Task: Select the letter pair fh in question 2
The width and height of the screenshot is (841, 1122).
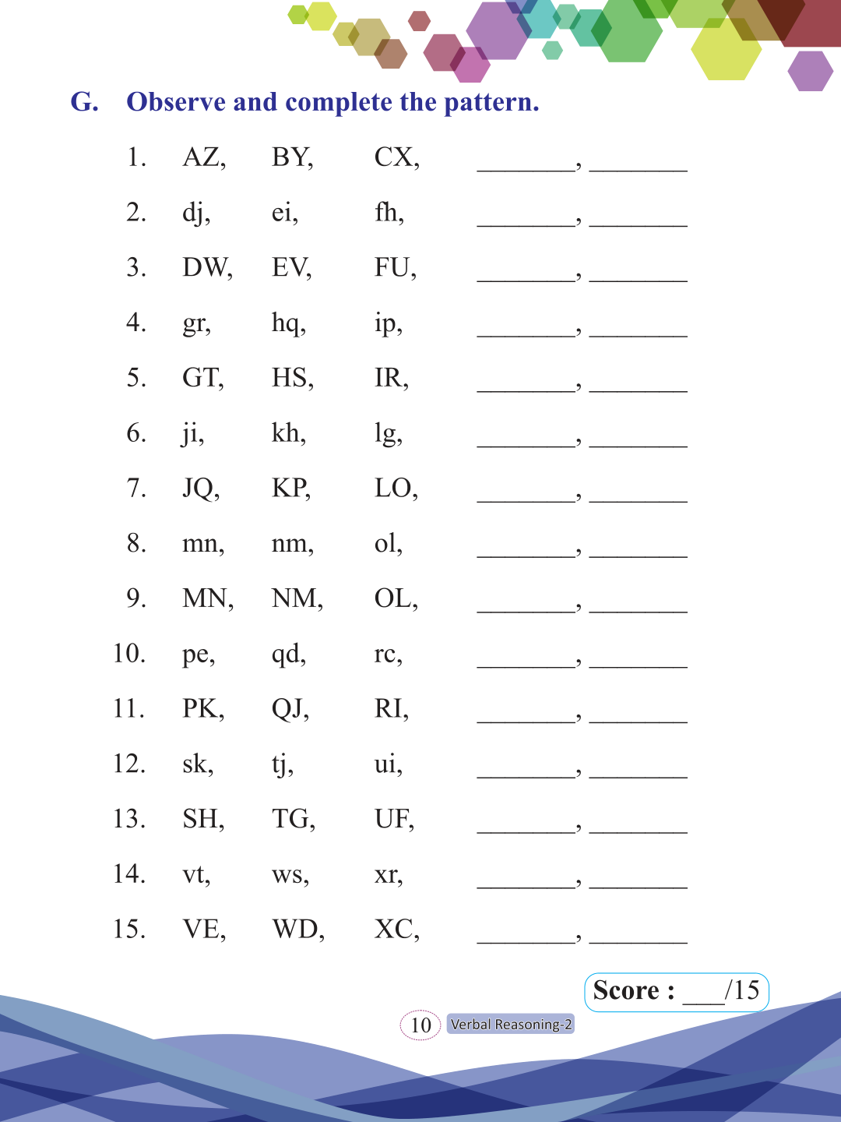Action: (x=387, y=212)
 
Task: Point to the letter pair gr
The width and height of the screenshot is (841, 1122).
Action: (x=195, y=323)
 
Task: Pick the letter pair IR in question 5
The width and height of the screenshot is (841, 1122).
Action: (x=389, y=378)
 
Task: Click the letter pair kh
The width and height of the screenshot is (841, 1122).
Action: (x=287, y=432)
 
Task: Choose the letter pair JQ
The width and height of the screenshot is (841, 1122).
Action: (x=199, y=489)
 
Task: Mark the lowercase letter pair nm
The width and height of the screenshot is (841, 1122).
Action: (x=290, y=543)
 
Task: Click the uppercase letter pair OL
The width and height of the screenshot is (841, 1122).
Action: (x=394, y=598)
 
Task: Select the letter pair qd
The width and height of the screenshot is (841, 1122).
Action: (x=287, y=654)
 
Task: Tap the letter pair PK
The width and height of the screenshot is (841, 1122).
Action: (x=201, y=708)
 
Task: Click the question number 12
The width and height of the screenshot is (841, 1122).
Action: (x=128, y=764)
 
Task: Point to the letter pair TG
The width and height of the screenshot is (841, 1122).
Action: (x=291, y=819)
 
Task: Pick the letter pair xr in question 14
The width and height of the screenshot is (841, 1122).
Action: (x=386, y=874)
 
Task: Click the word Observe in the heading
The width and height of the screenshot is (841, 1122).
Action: (x=176, y=102)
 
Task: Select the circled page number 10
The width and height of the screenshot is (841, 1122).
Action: (x=420, y=1025)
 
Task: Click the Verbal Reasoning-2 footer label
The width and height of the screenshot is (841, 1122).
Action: (x=511, y=1025)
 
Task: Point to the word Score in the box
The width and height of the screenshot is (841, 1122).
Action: (x=626, y=990)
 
